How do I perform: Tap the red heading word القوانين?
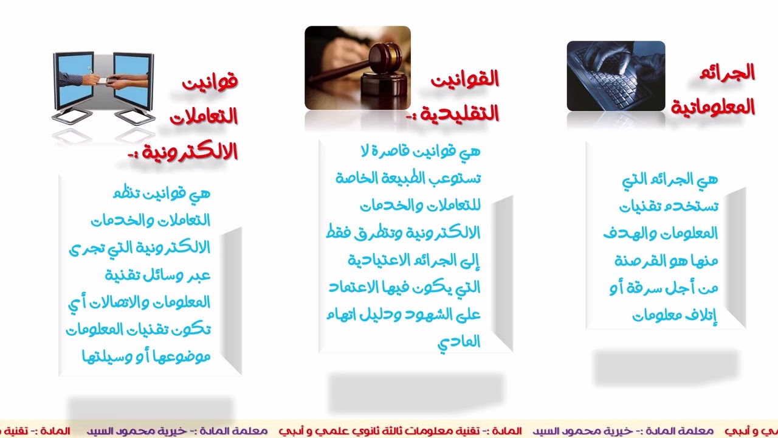[x=464, y=79]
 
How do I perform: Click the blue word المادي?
[x=459, y=342]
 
